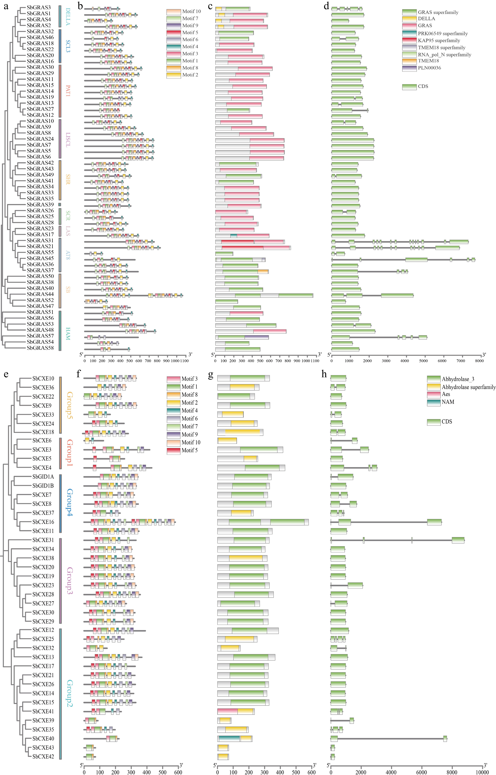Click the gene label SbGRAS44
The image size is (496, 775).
40,294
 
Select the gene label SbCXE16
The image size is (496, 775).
43,522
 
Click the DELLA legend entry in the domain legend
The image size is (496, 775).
426,19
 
